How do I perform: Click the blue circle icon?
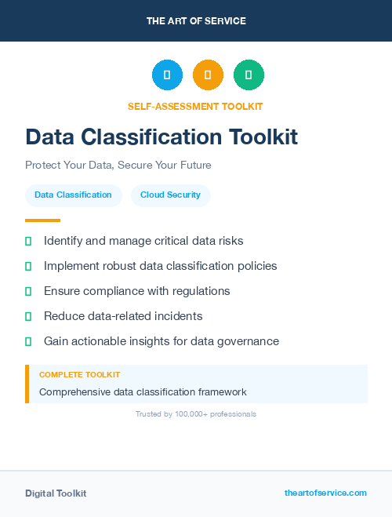click(167, 75)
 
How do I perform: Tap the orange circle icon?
click(208, 75)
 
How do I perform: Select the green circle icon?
click(249, 75)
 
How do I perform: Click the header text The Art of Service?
click(196, 21)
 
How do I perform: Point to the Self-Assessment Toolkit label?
click(195, 106)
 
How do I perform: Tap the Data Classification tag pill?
click(73, 195)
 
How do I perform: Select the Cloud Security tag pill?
click(170, 195)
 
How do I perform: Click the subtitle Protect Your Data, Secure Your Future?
click(118, 166)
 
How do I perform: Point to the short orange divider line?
click(42, 220)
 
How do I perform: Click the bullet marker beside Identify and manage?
click(28, 241)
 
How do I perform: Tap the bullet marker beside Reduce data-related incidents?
click(28, 316)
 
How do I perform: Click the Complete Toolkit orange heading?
click(79, 375)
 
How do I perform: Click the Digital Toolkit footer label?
click(56, 493)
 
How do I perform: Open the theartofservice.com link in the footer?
click(325, 493)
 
